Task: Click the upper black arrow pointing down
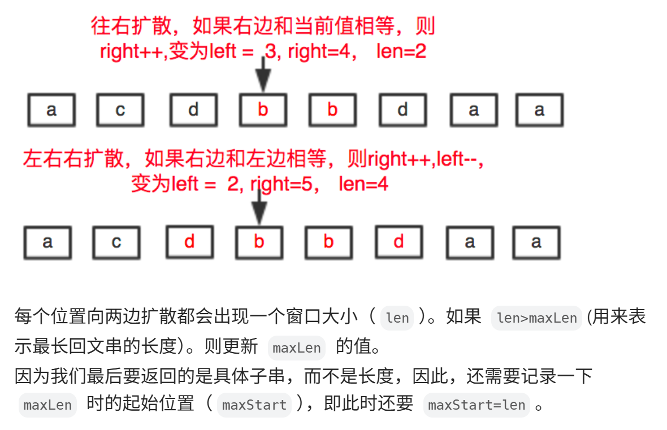(x=263, y=75)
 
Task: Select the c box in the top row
(x=120, y=110)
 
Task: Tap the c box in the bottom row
(x=116, y=242)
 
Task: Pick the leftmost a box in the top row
(x=51, y=110)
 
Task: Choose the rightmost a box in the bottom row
(x=536, y=242)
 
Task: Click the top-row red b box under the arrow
(x=263, y=110)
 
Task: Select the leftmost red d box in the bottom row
(x=189, y=242)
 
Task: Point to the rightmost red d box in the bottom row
(x=399, y=242)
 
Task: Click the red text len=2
(x=401, y=52)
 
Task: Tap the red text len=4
(x=363, y=184)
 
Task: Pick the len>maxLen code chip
(x=536, y=318)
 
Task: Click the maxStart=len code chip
(x=477, y=405)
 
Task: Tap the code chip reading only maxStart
(x=254, y=405)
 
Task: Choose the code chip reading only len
(x=397, y=318)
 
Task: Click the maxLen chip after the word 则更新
(x=297, y=348)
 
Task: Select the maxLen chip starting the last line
(x=47, y=405)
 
